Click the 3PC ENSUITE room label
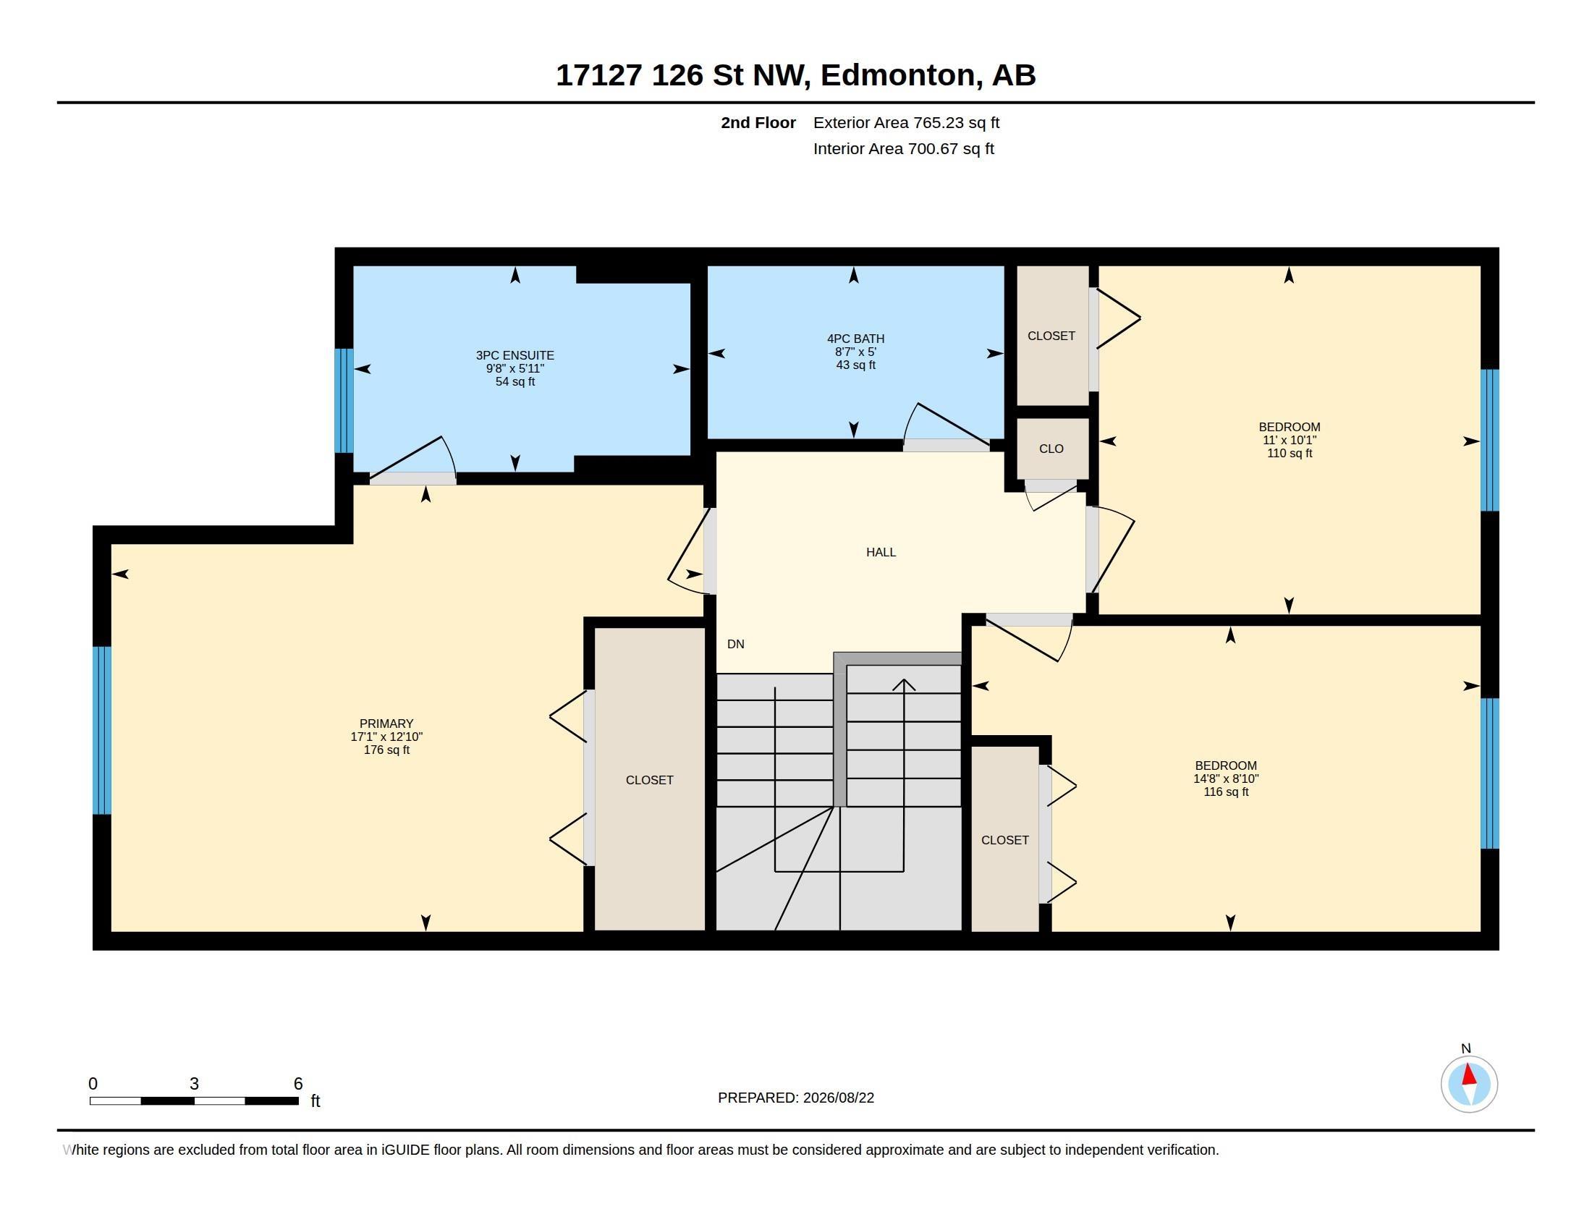coord(515,355)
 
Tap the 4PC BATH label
coord(856,339)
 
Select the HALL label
coord(881,552)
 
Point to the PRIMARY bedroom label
coord(386,724)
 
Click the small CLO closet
coord(1051,449)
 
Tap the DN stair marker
coord(735,644)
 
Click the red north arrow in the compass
coord(1469,1074)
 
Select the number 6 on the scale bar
coord(297,1084)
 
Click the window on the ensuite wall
coord(344,401)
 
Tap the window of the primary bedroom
coord(102,730)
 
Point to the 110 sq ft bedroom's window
coord(1490,440)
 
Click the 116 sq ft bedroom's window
coord(1490,774)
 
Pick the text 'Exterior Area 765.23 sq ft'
coord(906,123)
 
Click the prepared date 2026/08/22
coord(838,1098)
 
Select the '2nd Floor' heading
coord(758,123)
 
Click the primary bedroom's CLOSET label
coord(650,781)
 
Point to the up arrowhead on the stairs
coord(904,684)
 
